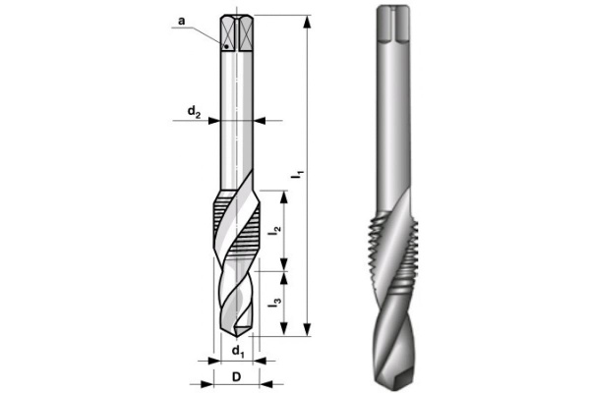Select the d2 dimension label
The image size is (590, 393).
pyautogui.click(x=195, y=111)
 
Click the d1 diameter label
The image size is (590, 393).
pyautogui.click(x=237, y=351)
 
